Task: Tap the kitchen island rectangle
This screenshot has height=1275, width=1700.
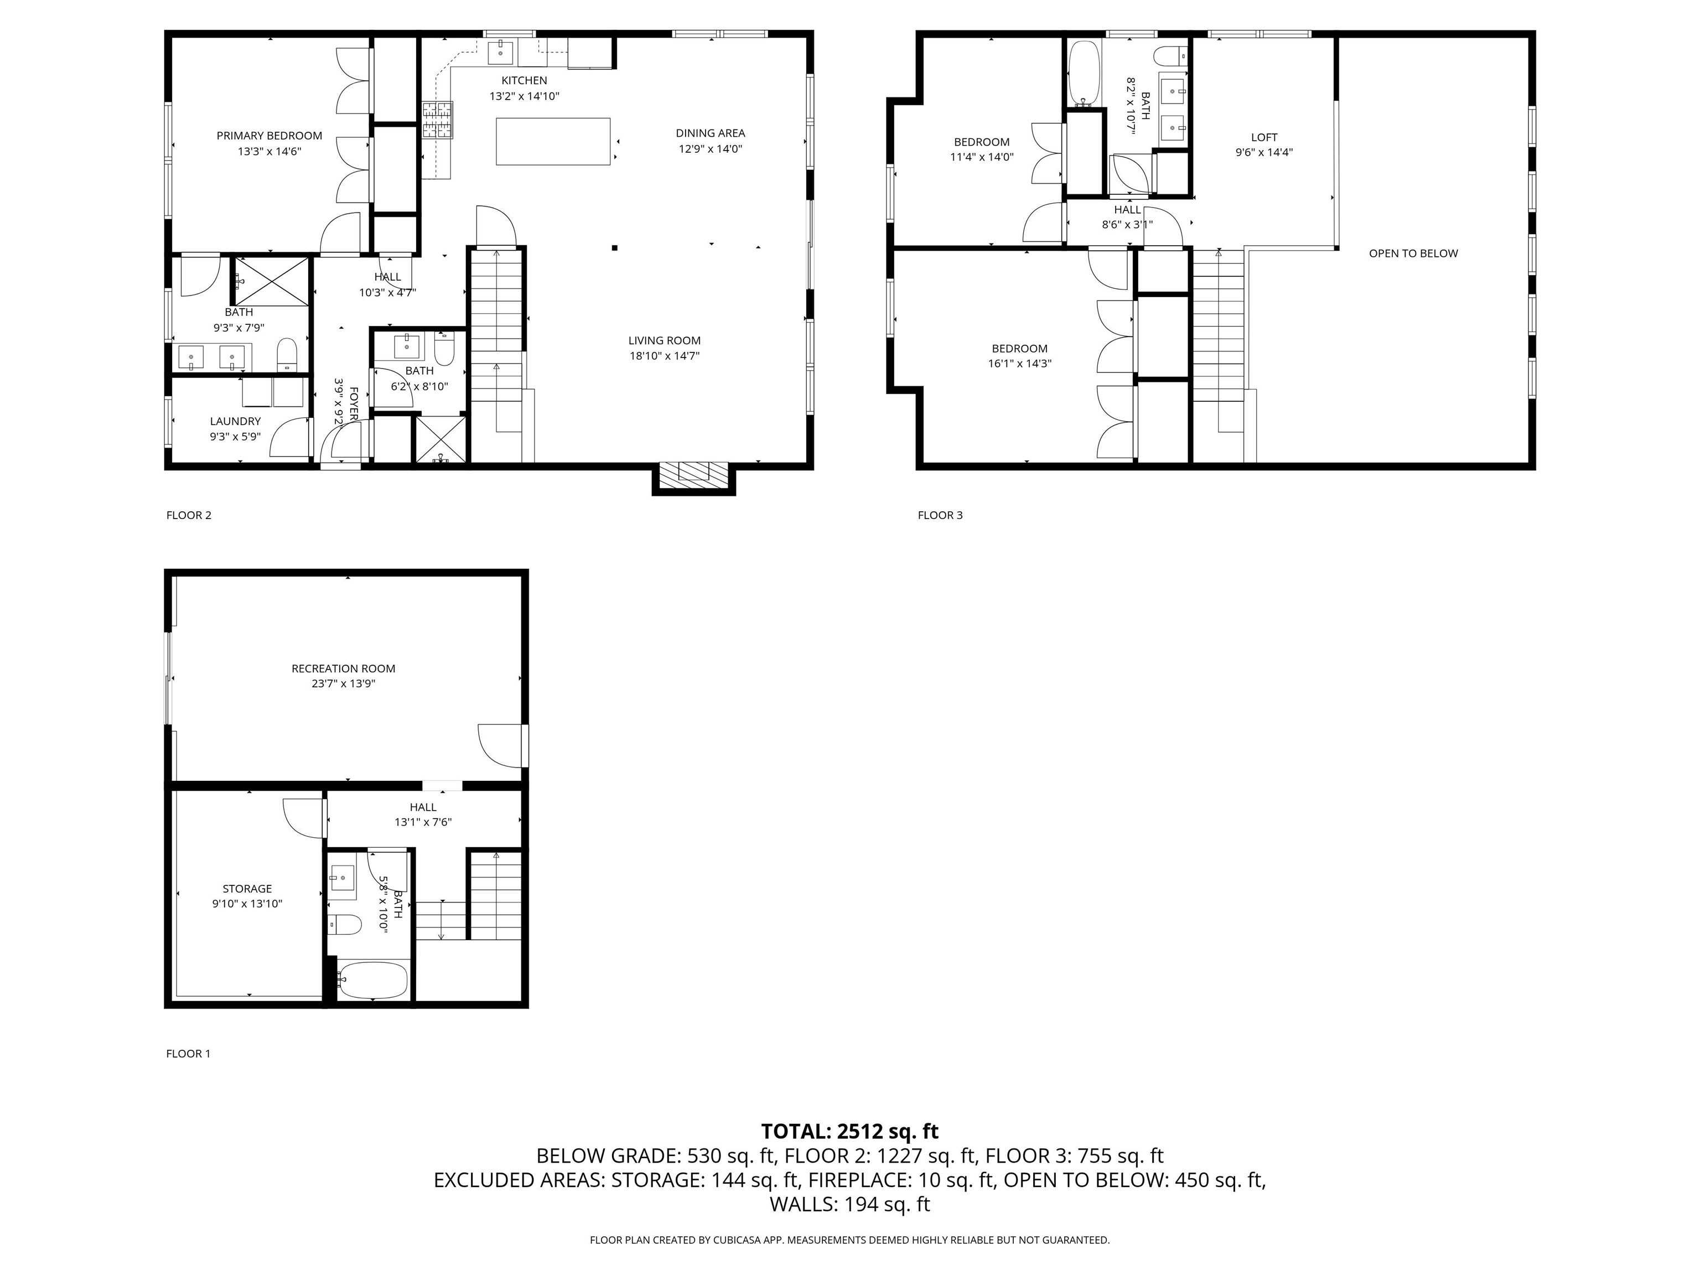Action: (553, 142)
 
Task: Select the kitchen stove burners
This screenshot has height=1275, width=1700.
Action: (437, 121)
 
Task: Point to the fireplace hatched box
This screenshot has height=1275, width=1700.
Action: (693, 475)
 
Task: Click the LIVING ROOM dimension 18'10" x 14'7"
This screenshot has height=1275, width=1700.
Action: (664, 356)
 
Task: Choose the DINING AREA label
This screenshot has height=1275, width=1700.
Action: (710, 133)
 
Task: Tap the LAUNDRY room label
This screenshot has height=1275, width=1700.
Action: (235, 421)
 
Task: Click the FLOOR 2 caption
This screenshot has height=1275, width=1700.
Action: (188, 515)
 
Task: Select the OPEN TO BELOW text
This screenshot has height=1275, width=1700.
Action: (1413, 253)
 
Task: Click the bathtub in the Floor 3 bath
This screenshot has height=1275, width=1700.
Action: (1084, 72)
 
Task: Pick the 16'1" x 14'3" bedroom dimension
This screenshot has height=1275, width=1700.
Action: (1019, 364)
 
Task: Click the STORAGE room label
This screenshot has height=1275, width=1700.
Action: (247, 888)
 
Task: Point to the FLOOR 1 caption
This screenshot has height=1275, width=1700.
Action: (188, 1054)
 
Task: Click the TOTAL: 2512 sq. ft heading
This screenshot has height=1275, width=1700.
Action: (849, 1131)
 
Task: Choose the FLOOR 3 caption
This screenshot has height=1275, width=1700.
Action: (940, 515)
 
